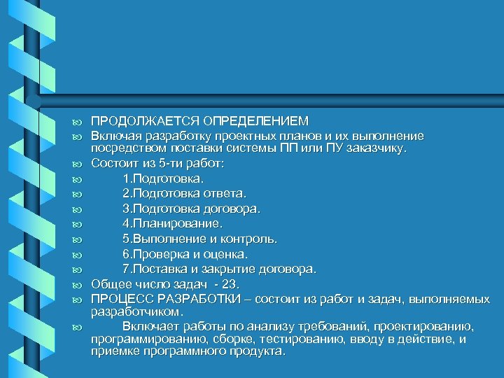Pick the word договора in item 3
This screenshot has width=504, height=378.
236,208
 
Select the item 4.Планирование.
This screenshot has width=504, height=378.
172,223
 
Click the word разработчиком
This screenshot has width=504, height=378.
136,311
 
